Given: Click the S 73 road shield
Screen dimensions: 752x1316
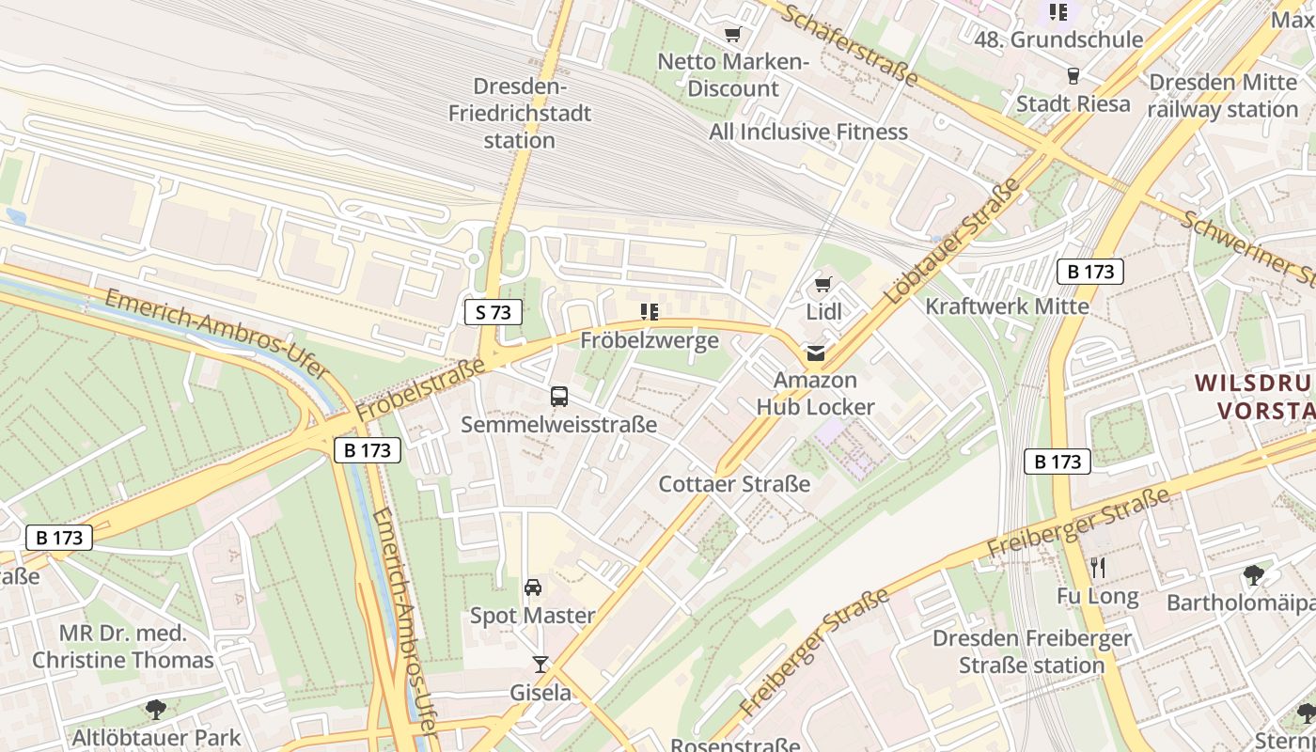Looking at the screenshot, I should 493,312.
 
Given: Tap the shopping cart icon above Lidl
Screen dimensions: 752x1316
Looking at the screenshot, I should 823,284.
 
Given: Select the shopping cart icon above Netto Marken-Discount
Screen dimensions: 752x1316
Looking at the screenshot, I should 733,35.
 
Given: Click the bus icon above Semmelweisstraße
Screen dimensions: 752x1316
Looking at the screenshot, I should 559,397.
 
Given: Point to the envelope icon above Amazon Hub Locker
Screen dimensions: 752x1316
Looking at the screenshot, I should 815,353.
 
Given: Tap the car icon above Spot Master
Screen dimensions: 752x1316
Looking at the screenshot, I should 533,587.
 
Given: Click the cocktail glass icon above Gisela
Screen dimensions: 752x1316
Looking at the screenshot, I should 540,665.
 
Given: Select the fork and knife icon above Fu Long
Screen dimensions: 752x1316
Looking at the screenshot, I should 1097,567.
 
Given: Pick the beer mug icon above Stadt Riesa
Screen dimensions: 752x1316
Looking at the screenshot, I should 1073,76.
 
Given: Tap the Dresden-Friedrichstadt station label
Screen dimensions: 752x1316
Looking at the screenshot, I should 520,114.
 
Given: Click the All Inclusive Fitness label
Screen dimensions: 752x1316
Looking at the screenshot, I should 808,132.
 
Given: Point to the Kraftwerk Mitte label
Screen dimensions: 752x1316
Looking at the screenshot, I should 1007,306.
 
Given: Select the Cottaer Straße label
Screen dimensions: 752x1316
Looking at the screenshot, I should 734,484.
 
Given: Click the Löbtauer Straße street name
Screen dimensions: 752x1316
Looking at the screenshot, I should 953,242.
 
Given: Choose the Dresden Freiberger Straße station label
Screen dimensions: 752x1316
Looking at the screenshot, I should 1031,651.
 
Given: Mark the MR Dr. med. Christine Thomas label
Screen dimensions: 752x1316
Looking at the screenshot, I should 123,647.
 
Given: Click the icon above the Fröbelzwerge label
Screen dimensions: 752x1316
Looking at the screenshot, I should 649,312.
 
